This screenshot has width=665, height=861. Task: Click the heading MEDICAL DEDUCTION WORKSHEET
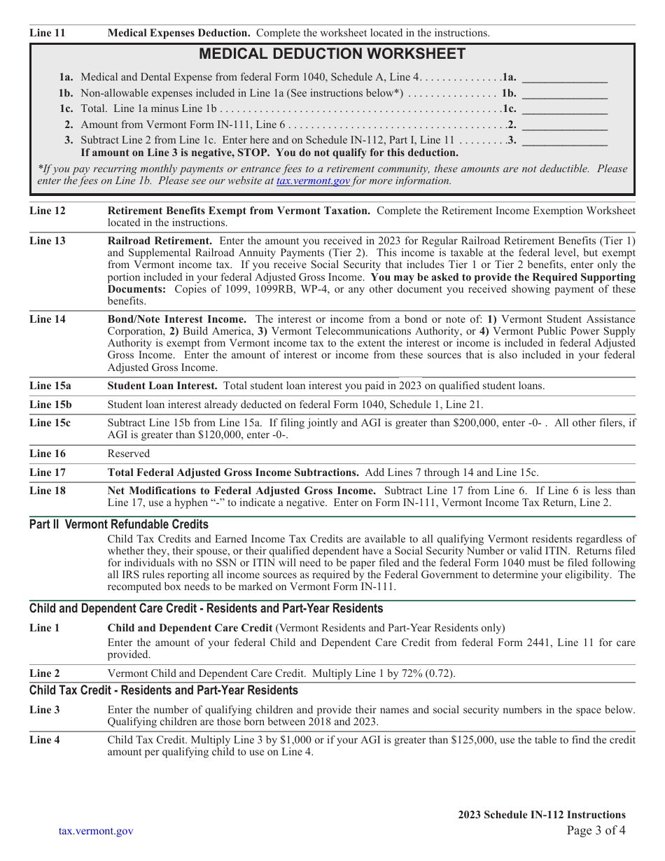coord(332,54)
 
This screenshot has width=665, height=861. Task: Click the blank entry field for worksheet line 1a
coord(565,78)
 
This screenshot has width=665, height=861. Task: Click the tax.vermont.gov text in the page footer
coord(96,831)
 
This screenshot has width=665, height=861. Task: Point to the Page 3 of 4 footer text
coord(596,831)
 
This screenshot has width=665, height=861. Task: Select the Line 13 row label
coord(48,241)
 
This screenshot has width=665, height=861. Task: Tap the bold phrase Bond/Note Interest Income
coord(176,319)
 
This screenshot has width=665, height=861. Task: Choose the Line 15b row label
coord(50,405)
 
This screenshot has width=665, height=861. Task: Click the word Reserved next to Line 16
coord(129,454)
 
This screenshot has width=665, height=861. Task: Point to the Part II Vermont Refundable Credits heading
coord(119,524)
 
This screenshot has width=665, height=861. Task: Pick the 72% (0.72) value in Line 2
coord(428,673)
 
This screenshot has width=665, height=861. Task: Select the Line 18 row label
coord(48,491)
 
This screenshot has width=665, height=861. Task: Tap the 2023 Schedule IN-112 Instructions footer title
coord(542,815)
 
